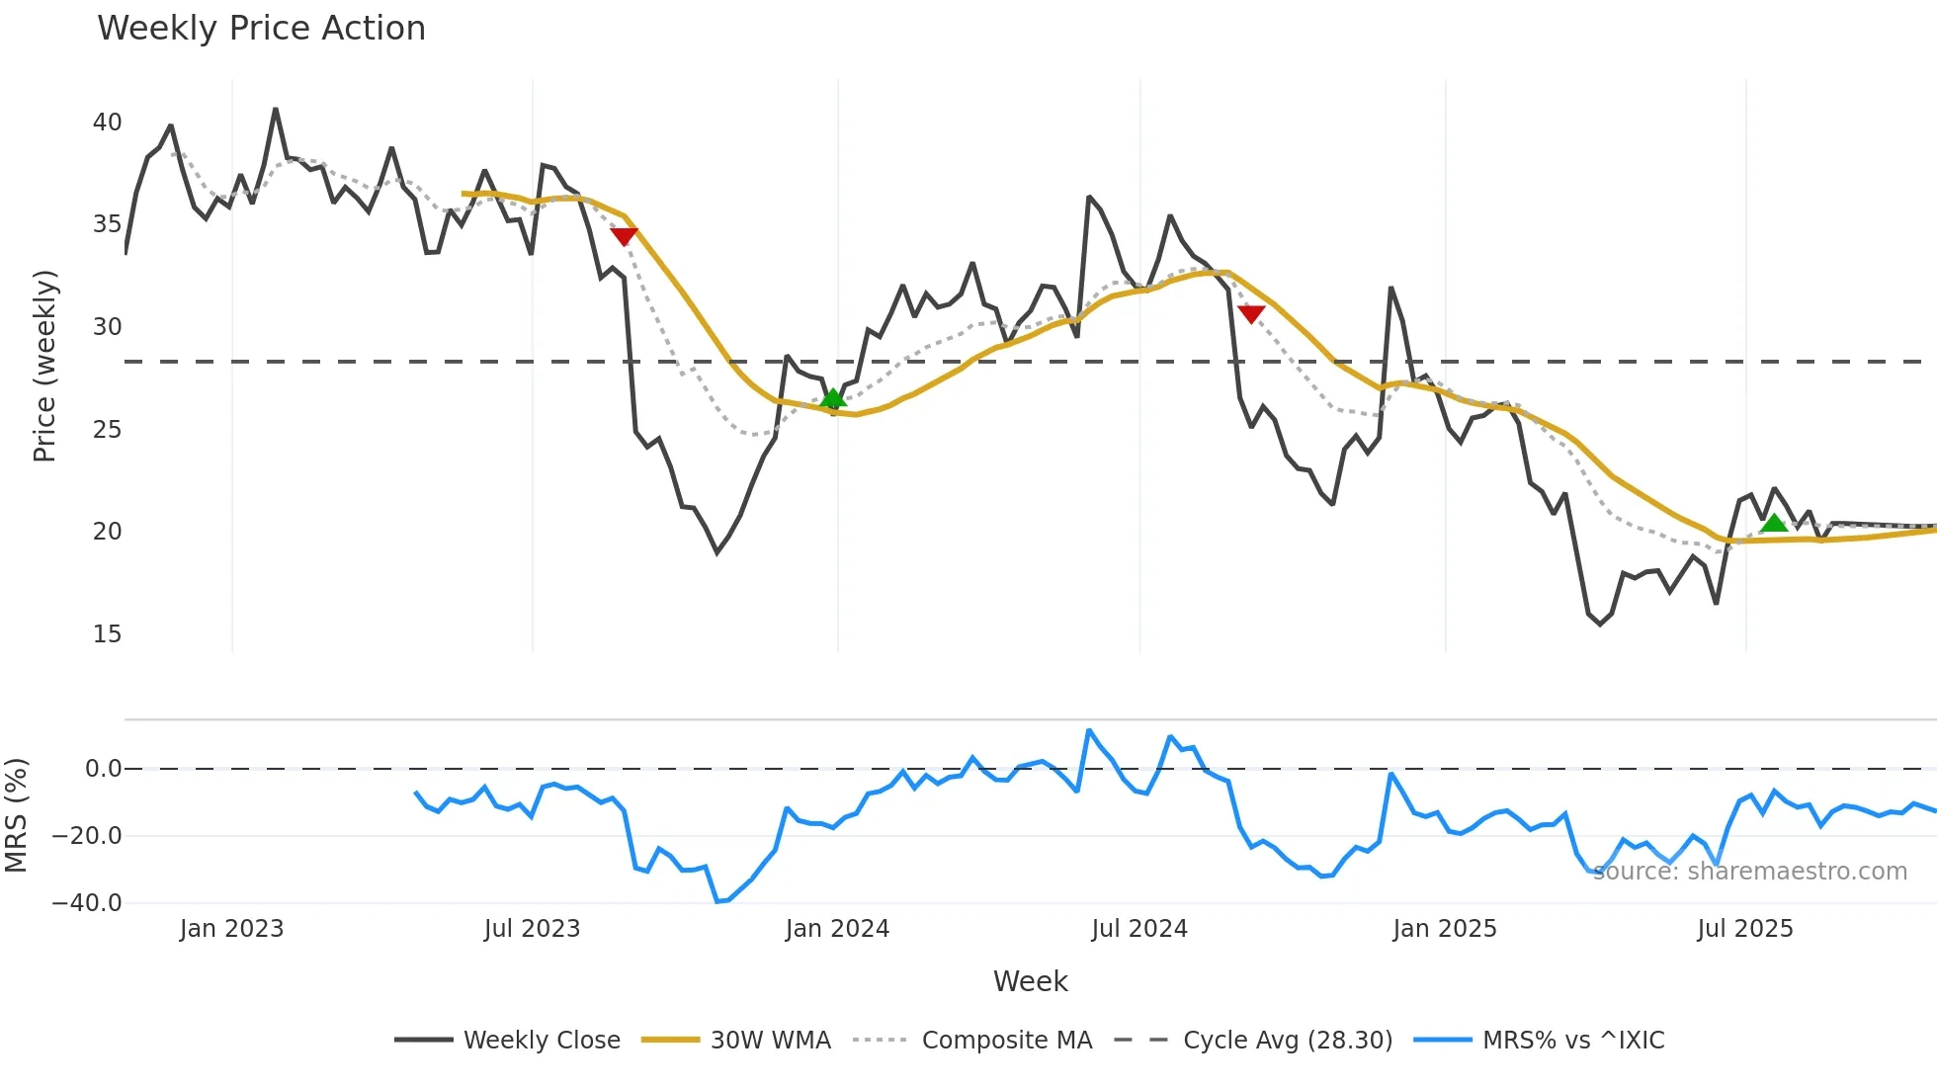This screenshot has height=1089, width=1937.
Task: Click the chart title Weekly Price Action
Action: [261, 29]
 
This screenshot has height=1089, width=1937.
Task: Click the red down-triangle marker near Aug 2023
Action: [624, 236]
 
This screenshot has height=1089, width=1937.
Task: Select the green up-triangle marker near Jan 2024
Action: [833, 398]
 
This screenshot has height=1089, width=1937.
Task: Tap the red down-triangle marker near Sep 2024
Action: [1251, 314]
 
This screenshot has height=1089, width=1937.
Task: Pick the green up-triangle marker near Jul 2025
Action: [1774, 523]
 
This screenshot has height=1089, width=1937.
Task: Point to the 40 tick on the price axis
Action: [107, 123]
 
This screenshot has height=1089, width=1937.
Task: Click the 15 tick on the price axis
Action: [107, 634]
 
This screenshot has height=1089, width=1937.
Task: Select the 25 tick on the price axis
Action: [107, 430]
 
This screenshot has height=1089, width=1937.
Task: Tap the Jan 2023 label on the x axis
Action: [231, 929]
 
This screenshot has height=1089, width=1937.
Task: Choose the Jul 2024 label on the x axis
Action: [1139, 929]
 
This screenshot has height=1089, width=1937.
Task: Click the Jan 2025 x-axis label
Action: [1444, 929]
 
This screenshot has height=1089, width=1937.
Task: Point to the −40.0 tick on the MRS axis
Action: [87, 903]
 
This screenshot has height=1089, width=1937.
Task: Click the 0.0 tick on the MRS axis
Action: [103, 769]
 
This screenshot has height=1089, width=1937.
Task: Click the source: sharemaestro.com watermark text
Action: [1750, 872]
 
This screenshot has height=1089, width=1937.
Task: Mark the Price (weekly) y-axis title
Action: [44, 366]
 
